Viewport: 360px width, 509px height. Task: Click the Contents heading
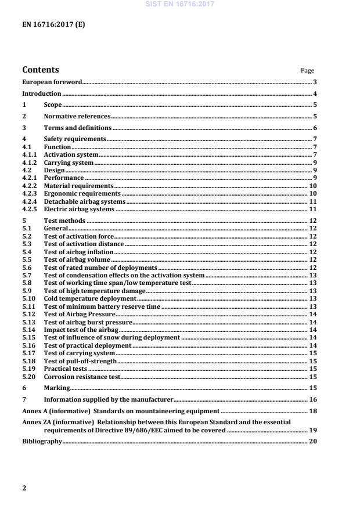[40, 70]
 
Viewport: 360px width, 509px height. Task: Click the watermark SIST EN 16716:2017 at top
[179, 4]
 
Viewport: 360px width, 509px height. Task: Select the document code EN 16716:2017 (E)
[45, 24]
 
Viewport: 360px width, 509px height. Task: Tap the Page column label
[307, 71]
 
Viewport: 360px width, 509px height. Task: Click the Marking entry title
[57, 388]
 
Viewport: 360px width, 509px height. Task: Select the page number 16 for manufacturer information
[312, 399]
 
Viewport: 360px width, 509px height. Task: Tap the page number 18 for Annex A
[312, 411]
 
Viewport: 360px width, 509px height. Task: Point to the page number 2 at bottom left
[24, 488]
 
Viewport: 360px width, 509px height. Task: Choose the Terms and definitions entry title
[78, 128]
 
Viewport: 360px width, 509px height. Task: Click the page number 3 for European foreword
[314, 83]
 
